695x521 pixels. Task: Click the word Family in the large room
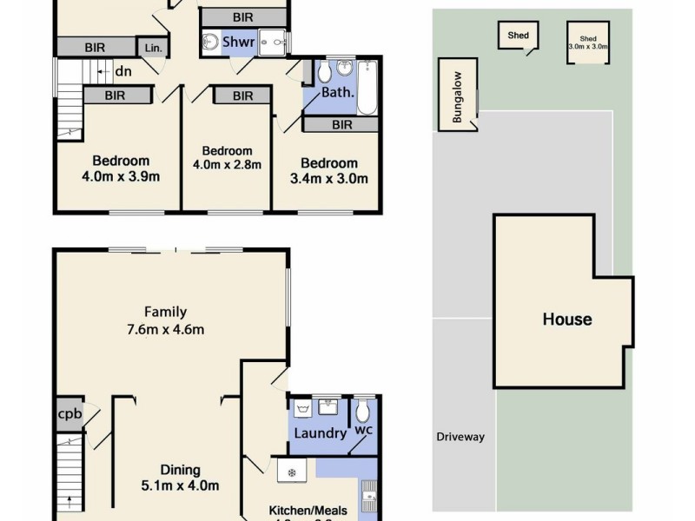pos(165,312)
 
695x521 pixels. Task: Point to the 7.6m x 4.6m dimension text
pos(165,329)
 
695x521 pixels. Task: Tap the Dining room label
pos(180,470)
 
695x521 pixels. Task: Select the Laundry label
pos(320,432)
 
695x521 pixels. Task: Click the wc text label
pos(362,429)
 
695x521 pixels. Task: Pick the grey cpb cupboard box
pos(69,414)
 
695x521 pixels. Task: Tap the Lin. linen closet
pos(153,48)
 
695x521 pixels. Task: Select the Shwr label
pos(238,42)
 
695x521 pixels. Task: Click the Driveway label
pos(460,437)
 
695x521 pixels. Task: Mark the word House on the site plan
pos(566,320)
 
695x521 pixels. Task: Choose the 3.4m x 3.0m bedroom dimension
pos(329,180)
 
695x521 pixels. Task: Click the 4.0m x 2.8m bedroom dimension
pos(226,164)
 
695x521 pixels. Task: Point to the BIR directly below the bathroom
pos(341,125)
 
